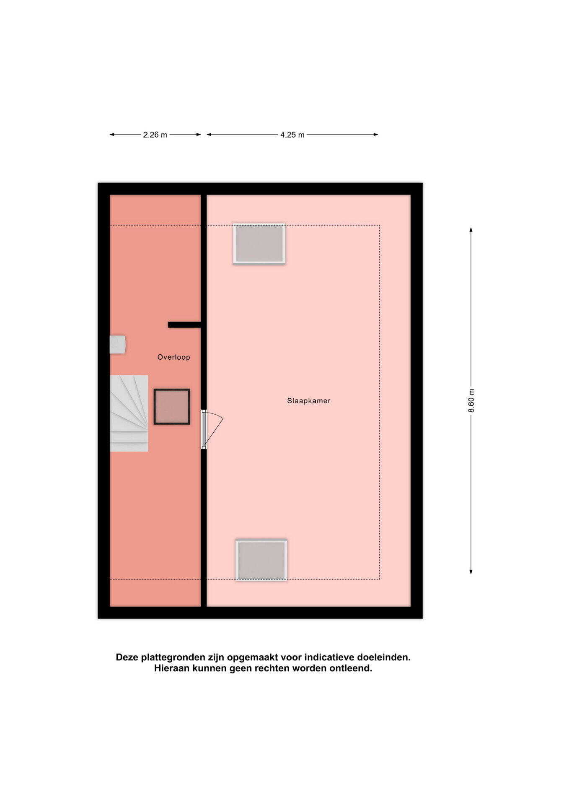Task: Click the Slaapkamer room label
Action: pyautogui.click(x=309, y=401)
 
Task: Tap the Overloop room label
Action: pyautogui.click(x=174, y=357)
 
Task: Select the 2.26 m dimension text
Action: pyautogui.click(x=155, y=135)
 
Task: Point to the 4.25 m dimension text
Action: pyautogui.click(x=292, y=135)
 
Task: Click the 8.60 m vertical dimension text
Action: pyautogui.click(x=471, y=400)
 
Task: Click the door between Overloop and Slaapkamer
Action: pyautogui.click(x=211, y=429)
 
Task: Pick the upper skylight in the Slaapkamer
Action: pyautogui.click(x=259, y=244)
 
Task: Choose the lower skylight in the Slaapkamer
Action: pyautogui.click(x=261, y=560)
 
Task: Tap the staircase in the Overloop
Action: pyautogui.click(x=129, y=413)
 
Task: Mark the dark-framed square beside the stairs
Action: pyautogui.click(x=172, y=407)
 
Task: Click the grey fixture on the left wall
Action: pyautogui.click(x=118, y=345)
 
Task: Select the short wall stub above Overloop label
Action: pyautogui.click(x=185, y=325)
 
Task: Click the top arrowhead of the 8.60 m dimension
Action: pyautogui.click(x=471, y=229)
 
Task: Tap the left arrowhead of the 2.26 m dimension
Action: pyautogui.click(x=112, y=135)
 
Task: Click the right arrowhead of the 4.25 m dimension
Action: pyautogui.click(x=376, y=135)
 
